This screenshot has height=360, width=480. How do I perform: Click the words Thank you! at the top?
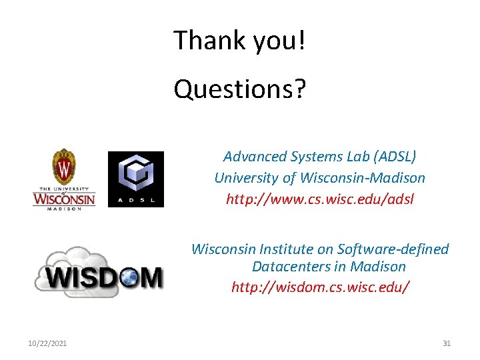240,40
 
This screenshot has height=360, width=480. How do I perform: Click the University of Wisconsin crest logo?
64,179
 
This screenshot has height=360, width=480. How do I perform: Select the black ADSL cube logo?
136,179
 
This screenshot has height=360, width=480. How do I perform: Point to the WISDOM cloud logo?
99,272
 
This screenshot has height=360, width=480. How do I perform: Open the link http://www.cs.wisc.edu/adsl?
320,199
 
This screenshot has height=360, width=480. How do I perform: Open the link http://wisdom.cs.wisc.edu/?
320,287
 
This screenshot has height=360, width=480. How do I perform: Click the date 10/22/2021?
47,343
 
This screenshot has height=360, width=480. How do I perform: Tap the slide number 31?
447,343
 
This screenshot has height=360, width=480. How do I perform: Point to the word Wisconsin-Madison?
363,178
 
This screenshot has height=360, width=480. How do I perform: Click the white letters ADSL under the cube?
136,201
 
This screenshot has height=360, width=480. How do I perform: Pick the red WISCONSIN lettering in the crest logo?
64,199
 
